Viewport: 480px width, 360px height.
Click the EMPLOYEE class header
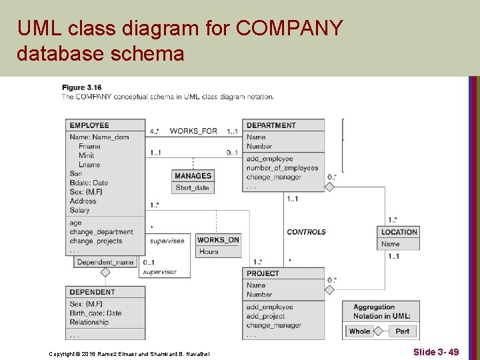point(89,125)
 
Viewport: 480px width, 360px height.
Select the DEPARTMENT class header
point(271,125)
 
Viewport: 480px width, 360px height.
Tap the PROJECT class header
point(263,273)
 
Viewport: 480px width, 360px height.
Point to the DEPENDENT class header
point(92,292)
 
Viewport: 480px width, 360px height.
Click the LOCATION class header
point(399,232)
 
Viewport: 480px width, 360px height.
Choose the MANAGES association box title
point(193,176)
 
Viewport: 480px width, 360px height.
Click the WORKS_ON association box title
point(218,240)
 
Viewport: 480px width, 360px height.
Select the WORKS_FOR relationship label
point(193,131)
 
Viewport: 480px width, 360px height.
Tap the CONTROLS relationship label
point(306,232)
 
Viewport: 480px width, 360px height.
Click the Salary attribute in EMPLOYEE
point(79,211)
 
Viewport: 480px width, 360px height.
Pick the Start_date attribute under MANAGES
point(193,188)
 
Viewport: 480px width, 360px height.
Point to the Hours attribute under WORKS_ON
point(209,252)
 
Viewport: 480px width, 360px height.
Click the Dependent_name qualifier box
point(105,262)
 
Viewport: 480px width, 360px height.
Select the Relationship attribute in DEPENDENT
point(89,323)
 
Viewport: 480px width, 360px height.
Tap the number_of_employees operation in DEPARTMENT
point(282,168)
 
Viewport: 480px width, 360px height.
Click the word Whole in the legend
point(359,331)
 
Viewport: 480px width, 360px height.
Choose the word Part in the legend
point(403,331)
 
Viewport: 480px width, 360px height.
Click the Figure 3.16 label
point(83,87)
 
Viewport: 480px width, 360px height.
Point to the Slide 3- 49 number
point(435,351)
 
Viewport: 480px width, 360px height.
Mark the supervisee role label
point(167,241)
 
